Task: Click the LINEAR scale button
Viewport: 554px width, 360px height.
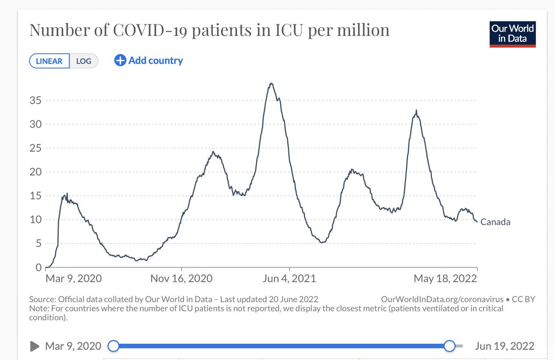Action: coord(49,61)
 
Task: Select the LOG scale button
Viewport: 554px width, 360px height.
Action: coord(84,61)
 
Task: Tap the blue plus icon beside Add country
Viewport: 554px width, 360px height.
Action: coord(120,60)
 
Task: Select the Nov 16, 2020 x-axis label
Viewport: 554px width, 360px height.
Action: coord(182,279)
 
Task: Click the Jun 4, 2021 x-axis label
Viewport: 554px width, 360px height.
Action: coord(289,279)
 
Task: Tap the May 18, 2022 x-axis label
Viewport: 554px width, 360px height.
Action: coord(445,279)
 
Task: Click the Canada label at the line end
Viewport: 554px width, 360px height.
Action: coord(495,222)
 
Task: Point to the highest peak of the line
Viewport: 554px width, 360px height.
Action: coord(271,84)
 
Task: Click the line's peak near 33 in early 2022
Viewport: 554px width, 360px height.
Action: coord(416,110)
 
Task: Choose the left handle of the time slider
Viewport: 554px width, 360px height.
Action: coord(113,346)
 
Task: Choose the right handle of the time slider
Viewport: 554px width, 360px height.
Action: coord(449,346)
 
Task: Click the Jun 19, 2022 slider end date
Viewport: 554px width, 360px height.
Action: coord(504,346)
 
